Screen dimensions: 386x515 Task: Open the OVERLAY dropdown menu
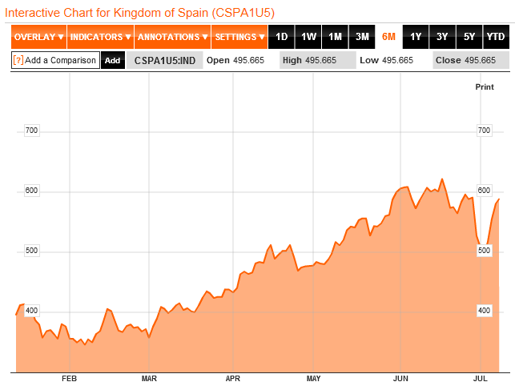(x=38, y=37)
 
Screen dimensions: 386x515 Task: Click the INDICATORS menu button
(x=100, y=37)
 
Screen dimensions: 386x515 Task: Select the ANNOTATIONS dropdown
(x=172, y=37)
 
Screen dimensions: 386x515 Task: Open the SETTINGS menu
(x=239, y=37)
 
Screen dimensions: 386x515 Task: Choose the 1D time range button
(x=281, y=37)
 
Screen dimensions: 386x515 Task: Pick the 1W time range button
(x=308, y=37)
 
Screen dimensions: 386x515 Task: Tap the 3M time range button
(x=362, y=37)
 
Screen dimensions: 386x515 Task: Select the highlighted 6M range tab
(x=388, y=37)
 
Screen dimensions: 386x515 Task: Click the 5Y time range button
(x=469, y=37)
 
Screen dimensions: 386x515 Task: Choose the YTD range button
(x=496, y=37)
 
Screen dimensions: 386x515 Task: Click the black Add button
(x=113, y=61)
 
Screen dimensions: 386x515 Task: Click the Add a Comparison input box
(x=55, y=61)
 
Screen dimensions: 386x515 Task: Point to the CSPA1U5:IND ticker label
(x=163, y=61)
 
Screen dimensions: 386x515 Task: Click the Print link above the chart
(x=485, y=86)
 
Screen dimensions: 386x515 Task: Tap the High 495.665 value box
(x=318, y=61)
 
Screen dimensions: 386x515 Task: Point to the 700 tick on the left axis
(x=32, y=131)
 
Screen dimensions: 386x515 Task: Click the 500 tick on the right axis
(x=484, y=251)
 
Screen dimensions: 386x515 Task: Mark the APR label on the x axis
(x=233, y=378)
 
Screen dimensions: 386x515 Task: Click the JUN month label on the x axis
(x=401, y=378)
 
